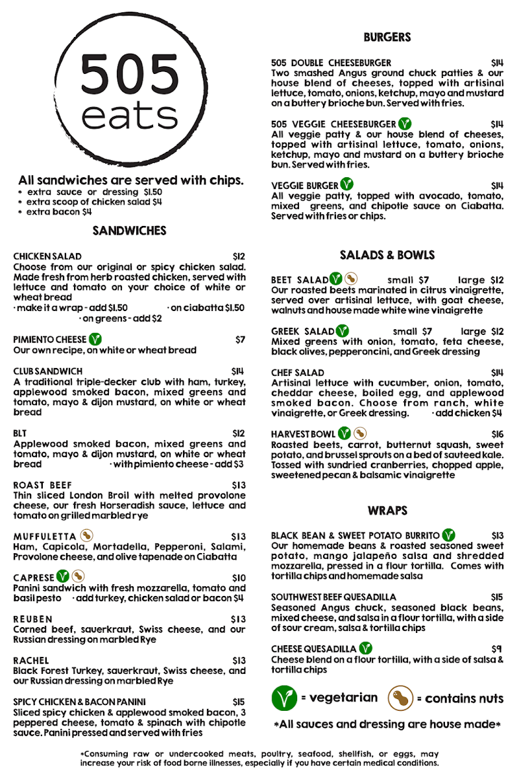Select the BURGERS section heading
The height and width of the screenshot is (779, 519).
click(387, 38)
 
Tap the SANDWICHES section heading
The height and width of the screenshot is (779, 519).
click(130, 230)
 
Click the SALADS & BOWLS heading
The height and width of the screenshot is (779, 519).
click(387, 255)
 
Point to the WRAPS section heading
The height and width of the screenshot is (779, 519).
click(387, 511)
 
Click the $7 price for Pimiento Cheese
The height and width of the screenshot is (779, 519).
click(241, 340)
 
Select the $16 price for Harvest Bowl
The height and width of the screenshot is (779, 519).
click(498, 434)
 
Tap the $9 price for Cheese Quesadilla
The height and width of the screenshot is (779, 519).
click(498, 649)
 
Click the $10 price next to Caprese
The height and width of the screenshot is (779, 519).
click(239, 578)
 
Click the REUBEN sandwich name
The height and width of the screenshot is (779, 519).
click(33, 619)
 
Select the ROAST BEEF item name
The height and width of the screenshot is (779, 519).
click(42, 485)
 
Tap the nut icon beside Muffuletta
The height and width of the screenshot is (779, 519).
click(87, 536)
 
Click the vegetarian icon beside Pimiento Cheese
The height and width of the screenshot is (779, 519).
click(95, 339)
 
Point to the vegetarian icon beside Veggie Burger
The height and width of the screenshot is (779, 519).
click(347, 185)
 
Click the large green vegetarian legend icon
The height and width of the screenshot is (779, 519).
click(284, 699)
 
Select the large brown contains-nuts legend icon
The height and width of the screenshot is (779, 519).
click(400, 699)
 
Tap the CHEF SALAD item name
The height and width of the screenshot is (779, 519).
click(298, 373)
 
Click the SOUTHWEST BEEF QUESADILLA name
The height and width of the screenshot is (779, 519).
click(333, 597)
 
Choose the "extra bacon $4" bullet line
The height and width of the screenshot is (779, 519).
click(58, 212)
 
